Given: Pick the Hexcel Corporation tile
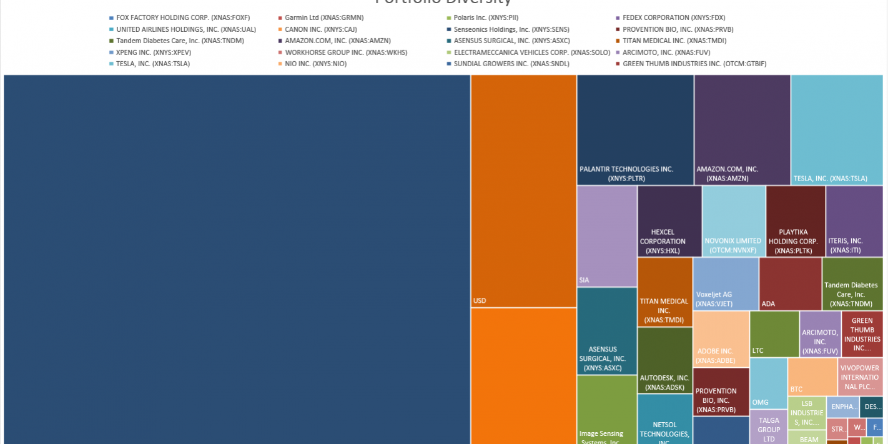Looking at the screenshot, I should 669,221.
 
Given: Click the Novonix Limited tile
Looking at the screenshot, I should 733,221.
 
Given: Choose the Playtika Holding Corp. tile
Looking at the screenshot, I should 795,221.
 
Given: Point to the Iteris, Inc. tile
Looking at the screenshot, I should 854,221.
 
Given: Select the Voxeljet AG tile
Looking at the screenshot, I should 725,284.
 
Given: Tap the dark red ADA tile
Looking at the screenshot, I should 790,284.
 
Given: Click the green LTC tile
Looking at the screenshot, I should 774,333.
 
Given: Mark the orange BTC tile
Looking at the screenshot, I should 812,377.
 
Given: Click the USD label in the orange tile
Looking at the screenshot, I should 480,301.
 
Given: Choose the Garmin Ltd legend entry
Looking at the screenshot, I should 323,18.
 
